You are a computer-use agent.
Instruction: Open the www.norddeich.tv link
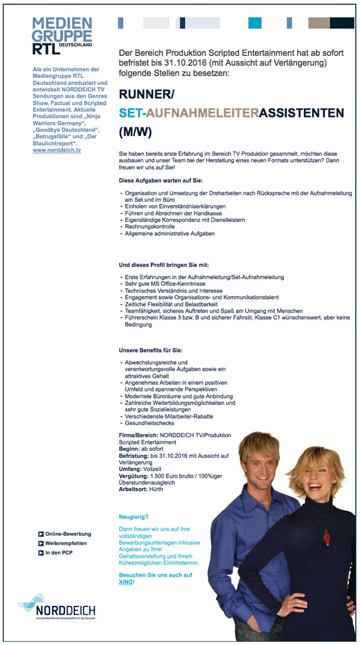[57, 150]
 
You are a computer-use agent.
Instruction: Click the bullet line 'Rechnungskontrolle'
[150, 227]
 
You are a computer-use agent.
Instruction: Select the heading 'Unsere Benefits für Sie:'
[150, 350]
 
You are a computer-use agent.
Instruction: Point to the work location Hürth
[155, 489]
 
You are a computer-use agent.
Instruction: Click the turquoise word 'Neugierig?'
[134, 517]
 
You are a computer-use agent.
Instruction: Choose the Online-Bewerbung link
[68, 534]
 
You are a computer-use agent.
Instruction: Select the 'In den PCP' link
[59, 553]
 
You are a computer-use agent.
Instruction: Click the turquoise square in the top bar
[255, 23]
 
